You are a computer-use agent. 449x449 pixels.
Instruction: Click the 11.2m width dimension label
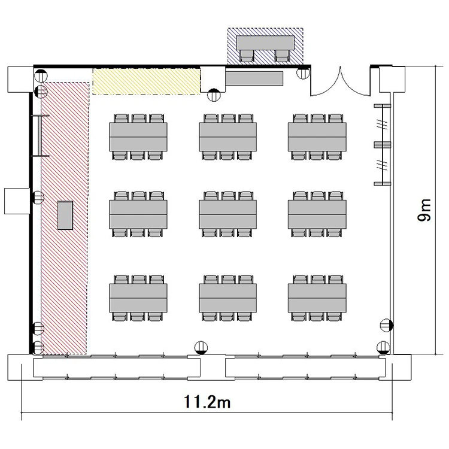(207, 402)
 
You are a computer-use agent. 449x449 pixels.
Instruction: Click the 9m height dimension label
(424, 210)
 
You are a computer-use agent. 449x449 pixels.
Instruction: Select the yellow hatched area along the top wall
(146, 81)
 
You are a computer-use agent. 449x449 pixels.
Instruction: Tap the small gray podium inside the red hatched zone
(65, 216)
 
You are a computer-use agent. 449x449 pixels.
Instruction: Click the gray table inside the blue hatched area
(265, 43)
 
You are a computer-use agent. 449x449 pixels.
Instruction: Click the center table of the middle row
(228, 214)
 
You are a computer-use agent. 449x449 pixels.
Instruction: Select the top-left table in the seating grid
(138, 137)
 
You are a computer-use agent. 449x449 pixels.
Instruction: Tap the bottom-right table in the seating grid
(317, 298)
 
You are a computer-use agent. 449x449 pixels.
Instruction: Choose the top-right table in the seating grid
(317, 137)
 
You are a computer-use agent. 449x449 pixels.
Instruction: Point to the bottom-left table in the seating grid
(138, 298)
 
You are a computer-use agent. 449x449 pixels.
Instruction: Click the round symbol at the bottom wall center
(201, 348)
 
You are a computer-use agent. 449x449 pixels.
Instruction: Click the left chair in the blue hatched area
(247, 56)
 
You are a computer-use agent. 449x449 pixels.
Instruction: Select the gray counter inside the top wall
(254, 78)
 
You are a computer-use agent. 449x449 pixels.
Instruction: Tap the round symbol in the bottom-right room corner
(383, 348)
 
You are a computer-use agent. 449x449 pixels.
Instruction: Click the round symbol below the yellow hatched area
(214, 95)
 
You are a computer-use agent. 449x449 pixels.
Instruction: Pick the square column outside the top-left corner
(20, 80)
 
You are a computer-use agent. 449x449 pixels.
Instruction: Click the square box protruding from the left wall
(17, 201)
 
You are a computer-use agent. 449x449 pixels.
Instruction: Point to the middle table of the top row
(228, 137)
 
